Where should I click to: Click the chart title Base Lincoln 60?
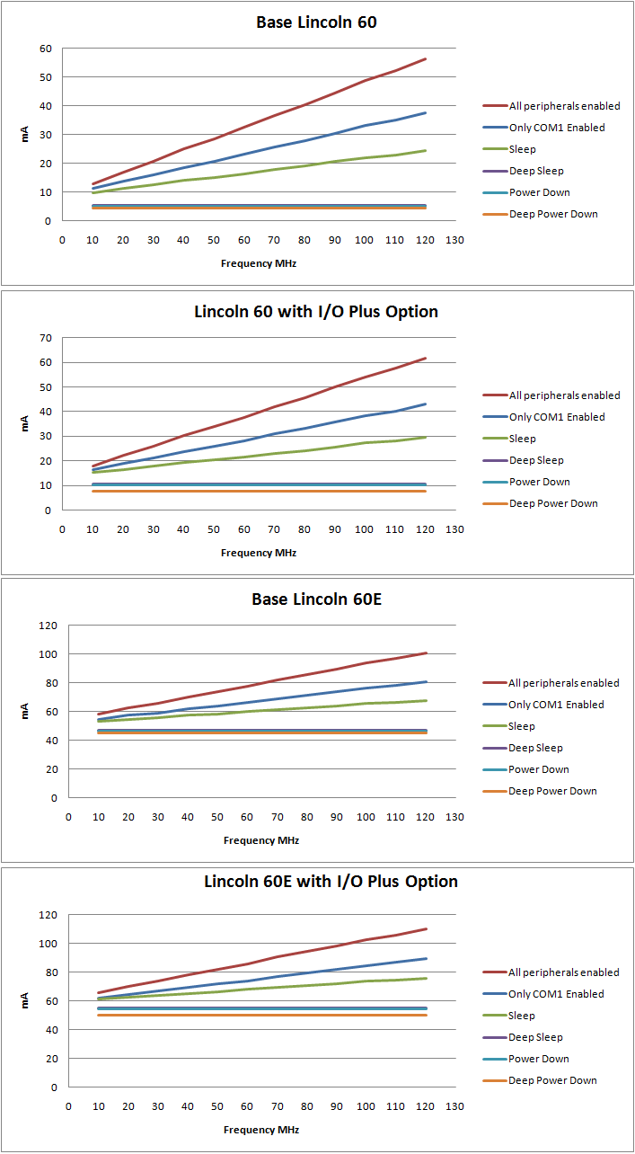(x=316, y=22)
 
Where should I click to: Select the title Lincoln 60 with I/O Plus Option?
(x=316, y=312)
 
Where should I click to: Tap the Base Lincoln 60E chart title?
(x=316, y=599)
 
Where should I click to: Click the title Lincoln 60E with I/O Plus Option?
(x=331, y=882)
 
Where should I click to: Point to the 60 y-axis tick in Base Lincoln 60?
(x=45, y=49)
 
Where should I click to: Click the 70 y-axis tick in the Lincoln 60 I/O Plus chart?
(x=45, y=338)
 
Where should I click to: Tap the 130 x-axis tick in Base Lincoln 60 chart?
(x=454, y=240)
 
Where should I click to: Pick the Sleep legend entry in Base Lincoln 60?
(x=522, y=149)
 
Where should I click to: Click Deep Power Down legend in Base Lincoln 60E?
(x=552, y=791)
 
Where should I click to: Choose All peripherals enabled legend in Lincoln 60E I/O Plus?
(x=564, y=972)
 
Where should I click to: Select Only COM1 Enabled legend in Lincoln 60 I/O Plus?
(x=557, y=417)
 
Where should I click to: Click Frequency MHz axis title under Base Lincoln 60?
(x=259, y=263)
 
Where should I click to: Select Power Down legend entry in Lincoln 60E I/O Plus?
(x=539, y=1059)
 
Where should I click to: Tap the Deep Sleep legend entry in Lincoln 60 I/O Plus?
(x=536, y=460)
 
